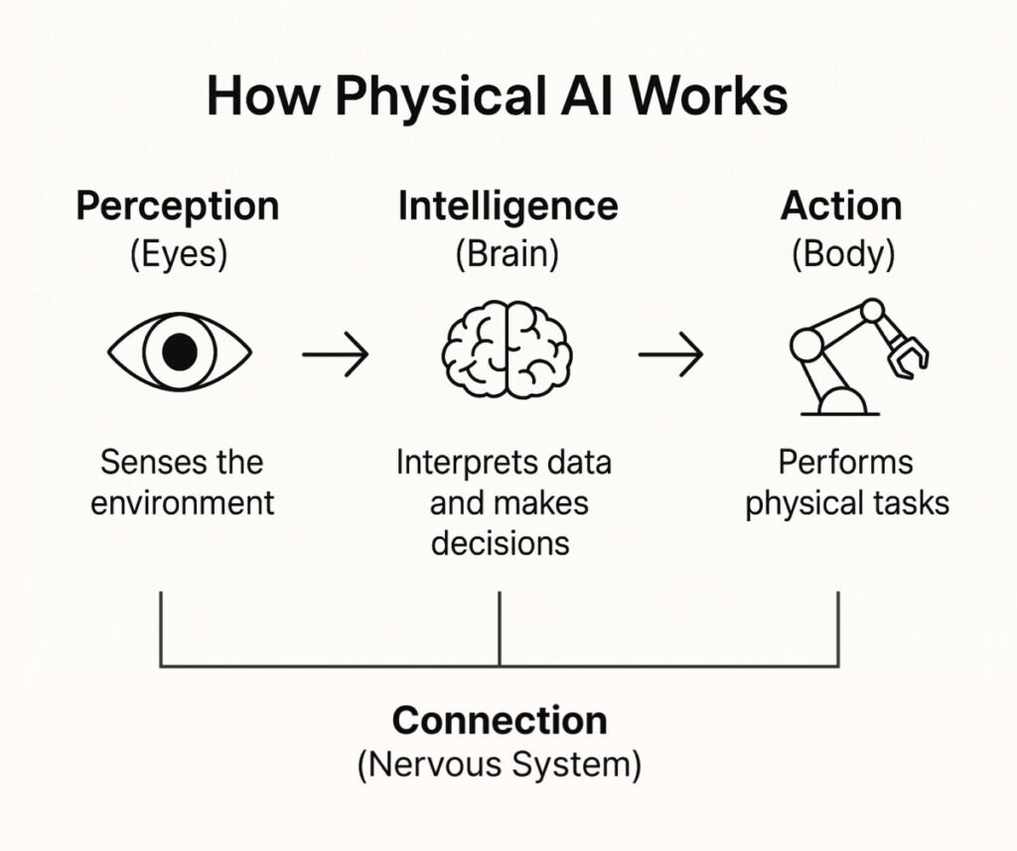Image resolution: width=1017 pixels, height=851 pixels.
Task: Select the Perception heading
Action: pos(178,207)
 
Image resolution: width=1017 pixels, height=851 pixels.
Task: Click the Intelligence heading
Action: pos(508,207)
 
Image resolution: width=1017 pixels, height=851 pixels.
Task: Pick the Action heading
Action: pos(841,207)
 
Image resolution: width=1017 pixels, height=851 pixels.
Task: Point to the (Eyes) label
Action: pos(179,254)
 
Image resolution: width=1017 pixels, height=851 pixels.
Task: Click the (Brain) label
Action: pos(508,254)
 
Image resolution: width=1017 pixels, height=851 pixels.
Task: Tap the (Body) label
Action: pos(842,254)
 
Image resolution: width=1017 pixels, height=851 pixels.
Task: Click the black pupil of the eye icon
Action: pos(179,352)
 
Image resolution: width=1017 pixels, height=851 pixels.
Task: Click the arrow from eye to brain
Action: pos(335,353)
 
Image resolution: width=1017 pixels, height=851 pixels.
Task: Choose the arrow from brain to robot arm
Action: pos(670,353)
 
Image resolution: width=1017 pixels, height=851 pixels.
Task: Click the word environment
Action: pos(183,502)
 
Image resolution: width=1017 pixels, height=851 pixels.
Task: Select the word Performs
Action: pos(845,463)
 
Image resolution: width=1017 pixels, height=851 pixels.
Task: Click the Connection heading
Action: pos(500,720)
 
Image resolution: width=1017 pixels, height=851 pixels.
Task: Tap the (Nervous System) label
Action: pos(500,766)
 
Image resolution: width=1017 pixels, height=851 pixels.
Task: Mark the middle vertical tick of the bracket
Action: pos(500,629)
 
